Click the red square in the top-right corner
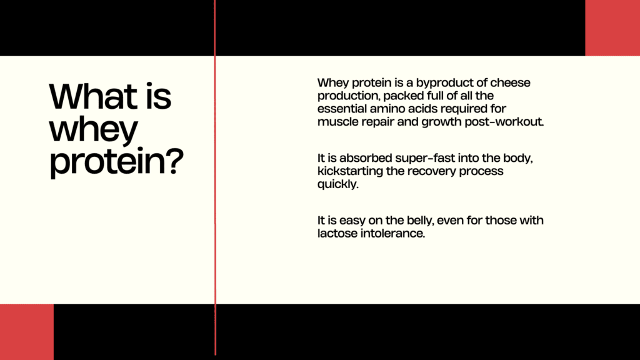point(612,27)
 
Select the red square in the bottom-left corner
point(26,332)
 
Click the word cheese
point(510,82)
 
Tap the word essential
point(342,109)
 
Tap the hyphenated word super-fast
point(425,158)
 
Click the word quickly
point(338,184)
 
